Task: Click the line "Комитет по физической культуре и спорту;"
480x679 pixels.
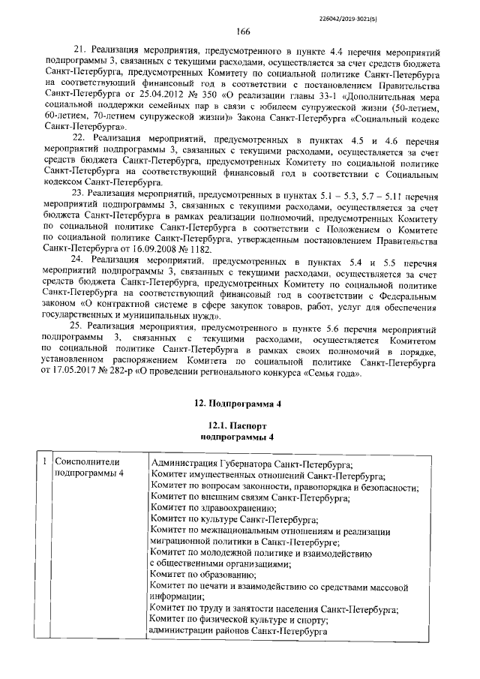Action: [x=239, y=620]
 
